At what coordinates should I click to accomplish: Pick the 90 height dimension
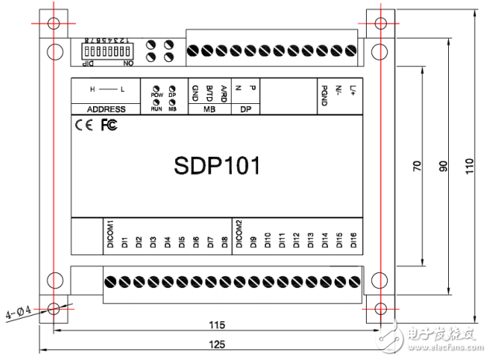coord(444,166)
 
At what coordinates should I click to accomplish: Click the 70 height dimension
coord(417,166)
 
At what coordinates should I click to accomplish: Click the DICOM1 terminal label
coord(110,234)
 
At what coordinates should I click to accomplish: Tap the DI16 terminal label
coord(354,240)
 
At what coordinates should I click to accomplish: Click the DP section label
coord(245,109)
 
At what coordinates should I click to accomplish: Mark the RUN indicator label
coord(156,109)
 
